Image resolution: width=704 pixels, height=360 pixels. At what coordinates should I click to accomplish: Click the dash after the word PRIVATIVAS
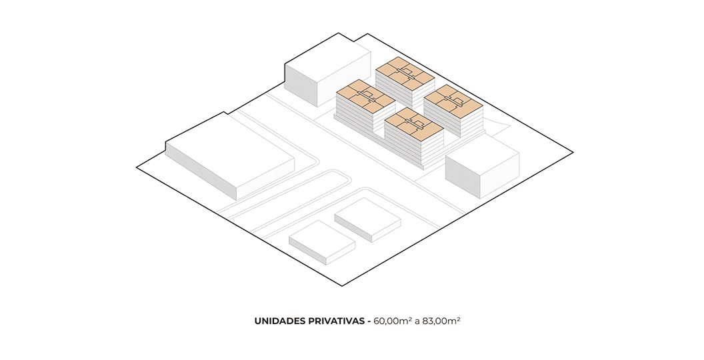click(x=369, y=322)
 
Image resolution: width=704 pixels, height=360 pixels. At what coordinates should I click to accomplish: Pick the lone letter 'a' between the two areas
click(x=417, y=322)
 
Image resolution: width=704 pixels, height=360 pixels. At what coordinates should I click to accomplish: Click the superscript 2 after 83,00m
click(x=459, y=319)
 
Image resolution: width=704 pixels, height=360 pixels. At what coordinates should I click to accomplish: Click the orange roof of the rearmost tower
click(x=405, y=74)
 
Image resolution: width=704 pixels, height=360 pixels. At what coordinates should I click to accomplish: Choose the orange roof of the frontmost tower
click(x=414, y=124)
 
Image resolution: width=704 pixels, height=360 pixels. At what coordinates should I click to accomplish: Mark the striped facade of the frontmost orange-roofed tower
click(x=413, y=148)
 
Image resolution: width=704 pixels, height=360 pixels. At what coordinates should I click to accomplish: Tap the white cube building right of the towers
click(x=482, y=167)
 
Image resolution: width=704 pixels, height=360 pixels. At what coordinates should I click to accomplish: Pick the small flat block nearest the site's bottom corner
click(x=322, y=242)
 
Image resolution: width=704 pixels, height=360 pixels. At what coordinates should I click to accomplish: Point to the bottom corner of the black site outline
click(x=342, y=285)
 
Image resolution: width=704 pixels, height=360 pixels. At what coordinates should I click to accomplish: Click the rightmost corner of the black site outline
click(x=573, y=153)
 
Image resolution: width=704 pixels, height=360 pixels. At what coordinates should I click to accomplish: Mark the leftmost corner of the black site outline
click(x=137, y=167)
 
